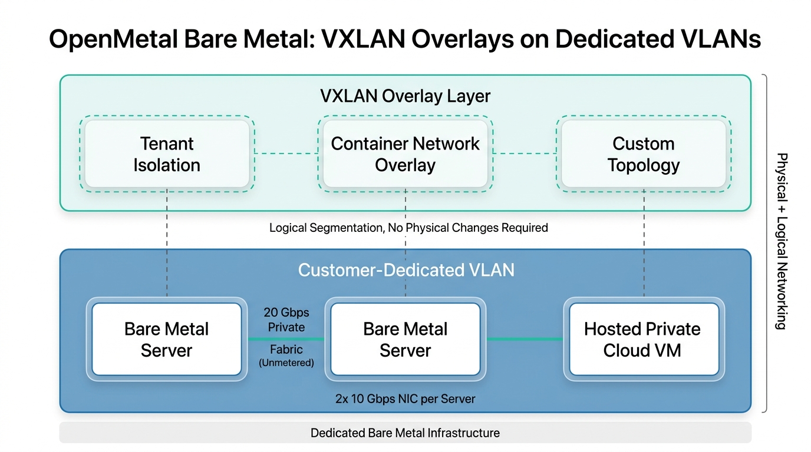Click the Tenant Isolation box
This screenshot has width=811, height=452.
click(167, 154)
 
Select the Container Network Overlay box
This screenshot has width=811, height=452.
click(405, 154)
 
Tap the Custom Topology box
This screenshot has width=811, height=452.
click(643, 154)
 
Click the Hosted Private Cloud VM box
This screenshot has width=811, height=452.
click(642, 340)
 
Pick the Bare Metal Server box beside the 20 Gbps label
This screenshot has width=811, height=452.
click(167, 340)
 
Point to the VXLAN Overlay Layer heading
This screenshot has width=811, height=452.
click(405, 96)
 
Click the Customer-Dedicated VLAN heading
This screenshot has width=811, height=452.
click(405, 270)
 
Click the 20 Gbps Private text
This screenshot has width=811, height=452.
click(286, 320)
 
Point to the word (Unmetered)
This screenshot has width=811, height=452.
click(286, 363)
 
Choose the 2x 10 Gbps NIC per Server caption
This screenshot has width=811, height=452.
click(405, 399)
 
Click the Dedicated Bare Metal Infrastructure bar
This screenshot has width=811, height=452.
click(405, 433)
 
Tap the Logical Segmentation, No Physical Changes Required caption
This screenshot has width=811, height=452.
click(408, 228)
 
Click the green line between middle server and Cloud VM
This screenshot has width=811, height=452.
click(525, 339)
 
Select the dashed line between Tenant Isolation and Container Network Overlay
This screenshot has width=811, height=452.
click(286, 154)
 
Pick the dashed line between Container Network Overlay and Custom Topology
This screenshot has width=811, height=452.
click(525, 154)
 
